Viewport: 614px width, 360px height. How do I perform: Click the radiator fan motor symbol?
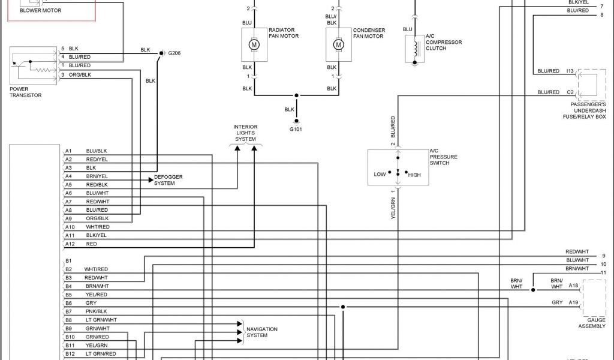[x=254, y=45]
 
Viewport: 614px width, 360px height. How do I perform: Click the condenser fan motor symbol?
[x=338, y=45]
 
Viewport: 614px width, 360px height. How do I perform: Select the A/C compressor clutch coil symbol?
[x=413, y=49]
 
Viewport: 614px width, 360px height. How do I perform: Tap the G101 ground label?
[x=296, y=129]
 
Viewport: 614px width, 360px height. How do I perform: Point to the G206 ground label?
[x=174, y=53]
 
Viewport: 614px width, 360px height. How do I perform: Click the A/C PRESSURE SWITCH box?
[x=396, y=167]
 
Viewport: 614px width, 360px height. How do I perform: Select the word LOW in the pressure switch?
[x=380, y=175]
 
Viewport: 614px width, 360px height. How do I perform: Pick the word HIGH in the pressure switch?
[x=415, y=175]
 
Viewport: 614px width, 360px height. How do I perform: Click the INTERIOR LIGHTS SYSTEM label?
[x=245, y=133]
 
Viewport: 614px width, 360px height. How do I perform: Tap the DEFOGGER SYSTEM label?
[x=168, y=179]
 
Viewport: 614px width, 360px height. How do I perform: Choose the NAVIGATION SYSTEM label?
[x=261, y=332]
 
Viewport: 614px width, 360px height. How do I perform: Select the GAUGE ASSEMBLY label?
[x=592, y=323]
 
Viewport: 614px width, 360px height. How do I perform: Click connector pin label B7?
[x=68, y=311]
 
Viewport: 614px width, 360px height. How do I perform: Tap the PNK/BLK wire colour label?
[x=96, y=311]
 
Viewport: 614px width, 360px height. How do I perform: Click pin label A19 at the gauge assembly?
[x=573, y=302]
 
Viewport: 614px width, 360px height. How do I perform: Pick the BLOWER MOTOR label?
[x=40, y=10]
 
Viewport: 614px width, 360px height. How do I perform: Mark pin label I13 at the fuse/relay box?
[x=570, y=71]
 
